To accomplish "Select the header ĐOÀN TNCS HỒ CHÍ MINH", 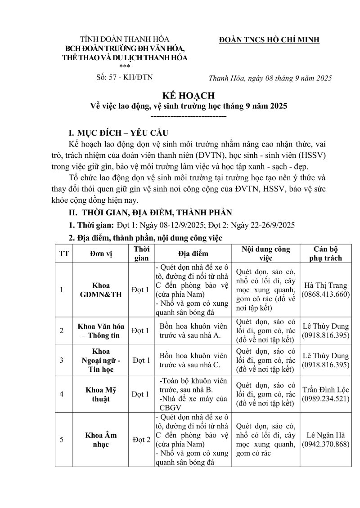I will pos(269,40).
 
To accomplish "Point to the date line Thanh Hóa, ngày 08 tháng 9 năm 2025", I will pos(270,78).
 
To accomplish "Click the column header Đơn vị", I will pos(100,254).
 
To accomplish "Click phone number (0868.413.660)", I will pos(326,294).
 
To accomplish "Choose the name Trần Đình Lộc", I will pos(326,390).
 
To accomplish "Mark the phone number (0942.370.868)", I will pos(326,444).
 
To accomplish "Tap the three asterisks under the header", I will pos(126,66).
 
